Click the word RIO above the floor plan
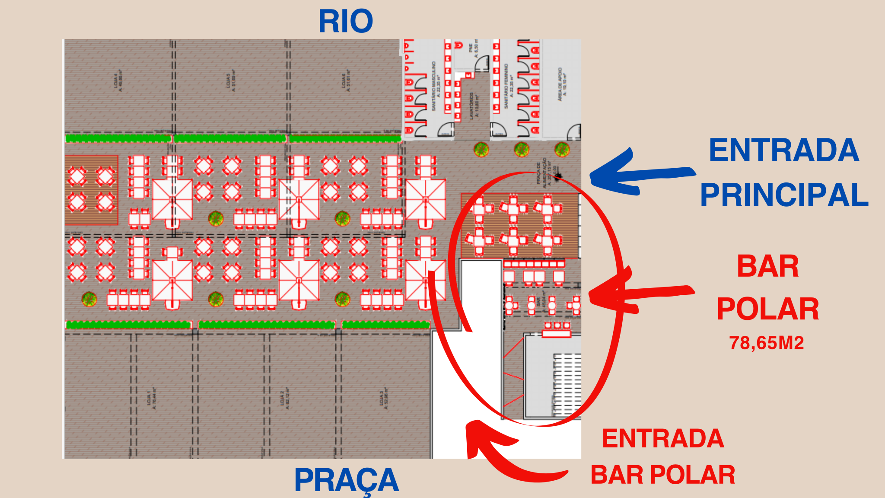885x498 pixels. tap(346, 21)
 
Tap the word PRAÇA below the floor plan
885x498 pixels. tap(346, 480)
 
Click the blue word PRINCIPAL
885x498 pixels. tap(784, 195)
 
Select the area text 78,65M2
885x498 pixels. tap(766, 343)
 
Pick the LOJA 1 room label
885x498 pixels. tap(152, 398)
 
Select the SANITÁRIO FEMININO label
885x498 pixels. tap(509, 86)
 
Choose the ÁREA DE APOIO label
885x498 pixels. tap(562, 84)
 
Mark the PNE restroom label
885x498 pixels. tap(473, 50)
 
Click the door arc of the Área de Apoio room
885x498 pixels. tap(574, 131)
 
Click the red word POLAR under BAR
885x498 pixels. tap(768, 309)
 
